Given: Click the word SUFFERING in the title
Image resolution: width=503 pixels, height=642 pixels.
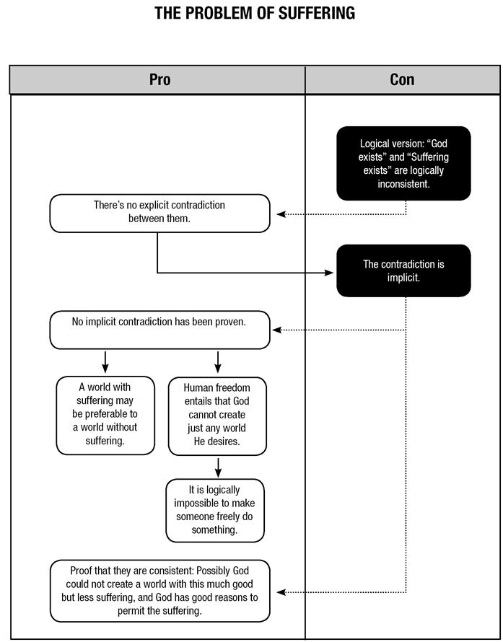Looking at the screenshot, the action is tap(317, 14).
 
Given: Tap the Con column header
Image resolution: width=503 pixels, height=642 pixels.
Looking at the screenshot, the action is tap(402, 80).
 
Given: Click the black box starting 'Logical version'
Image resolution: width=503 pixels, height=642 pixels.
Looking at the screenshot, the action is tap(403, 163).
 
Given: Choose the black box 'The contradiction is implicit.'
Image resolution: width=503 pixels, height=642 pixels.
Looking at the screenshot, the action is tap(403, 271).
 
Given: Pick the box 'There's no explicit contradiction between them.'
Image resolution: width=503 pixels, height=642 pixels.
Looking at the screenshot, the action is tap(159, 214).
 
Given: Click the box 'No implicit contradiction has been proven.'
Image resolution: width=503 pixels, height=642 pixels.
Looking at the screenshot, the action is tap(159, 330).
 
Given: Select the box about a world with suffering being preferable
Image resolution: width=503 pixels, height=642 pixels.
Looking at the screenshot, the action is tap(105, 415).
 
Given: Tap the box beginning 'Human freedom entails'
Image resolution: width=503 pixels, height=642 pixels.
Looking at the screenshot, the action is tap(217, 415).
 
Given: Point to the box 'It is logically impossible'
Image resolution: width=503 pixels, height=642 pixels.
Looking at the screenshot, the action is tap(215, 510).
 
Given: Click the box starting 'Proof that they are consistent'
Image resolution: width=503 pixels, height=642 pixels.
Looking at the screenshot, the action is tap(159, 591).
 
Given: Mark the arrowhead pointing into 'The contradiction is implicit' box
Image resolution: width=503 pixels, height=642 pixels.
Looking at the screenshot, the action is tap(329, 273).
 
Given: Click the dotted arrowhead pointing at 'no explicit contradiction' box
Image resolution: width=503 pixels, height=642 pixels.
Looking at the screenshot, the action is tap(281, 214).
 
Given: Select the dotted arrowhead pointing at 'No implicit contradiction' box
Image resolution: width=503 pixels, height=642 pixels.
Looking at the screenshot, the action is tap(277, 330).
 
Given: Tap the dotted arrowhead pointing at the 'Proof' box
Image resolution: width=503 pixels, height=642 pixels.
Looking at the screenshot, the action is tap(281, 592).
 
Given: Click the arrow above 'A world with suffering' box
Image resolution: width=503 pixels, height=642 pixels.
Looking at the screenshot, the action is tap(105, 362).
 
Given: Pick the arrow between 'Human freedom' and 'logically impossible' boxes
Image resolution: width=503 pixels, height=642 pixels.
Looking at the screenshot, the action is tap(218, 467).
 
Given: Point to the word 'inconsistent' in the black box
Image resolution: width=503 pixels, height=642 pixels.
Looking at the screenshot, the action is tap(403, 184).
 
